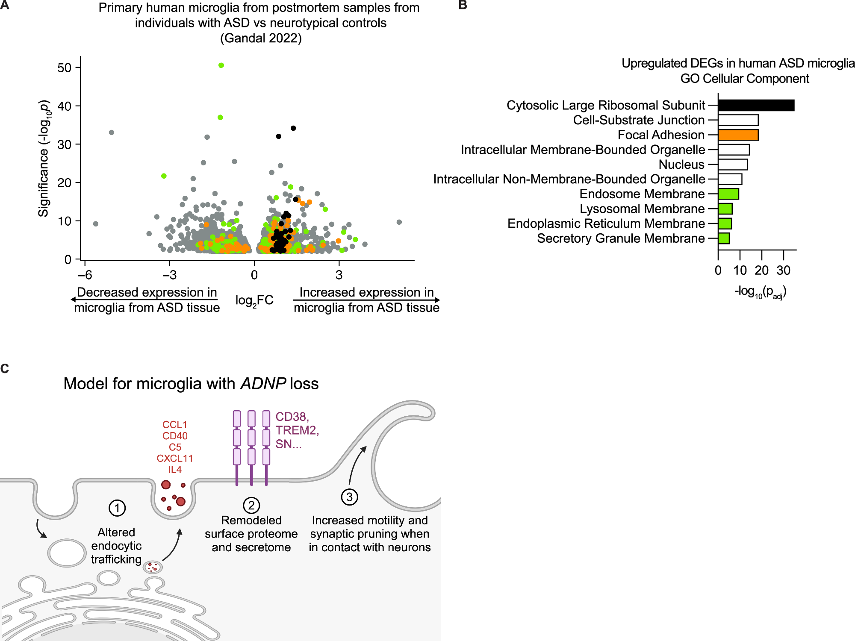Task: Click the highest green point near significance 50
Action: click(221, 65)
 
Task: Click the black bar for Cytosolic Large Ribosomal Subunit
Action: click(756, 105)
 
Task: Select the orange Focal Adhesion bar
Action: click(738, 135)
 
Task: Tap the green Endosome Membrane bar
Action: click(728, 194)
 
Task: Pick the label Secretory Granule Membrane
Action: click(620, 238)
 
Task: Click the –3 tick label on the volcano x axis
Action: click(170, 275)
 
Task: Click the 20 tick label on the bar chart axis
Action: click(761, 271)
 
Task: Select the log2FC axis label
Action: click(254, 300)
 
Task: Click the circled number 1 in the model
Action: click(117, 508)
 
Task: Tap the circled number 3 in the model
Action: click(349, 497)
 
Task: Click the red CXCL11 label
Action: click(175, 459)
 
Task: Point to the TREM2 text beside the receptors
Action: click(296, 430)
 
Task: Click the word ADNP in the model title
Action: click(262, 384)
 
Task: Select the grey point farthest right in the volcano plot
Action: click(399, 222)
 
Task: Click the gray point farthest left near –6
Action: click(96, 224)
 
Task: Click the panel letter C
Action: click(5, 369)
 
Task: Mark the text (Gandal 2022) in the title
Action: click(261, 38)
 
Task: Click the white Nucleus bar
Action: click(732, 165)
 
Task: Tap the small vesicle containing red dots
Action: click(153, 567)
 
